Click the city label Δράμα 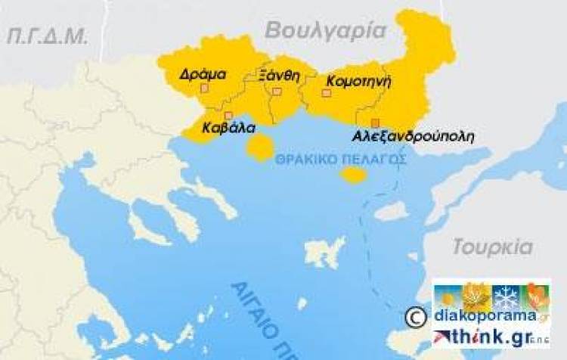coord(203,74)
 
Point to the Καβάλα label coord(227,128)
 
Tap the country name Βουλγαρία coord(325,30)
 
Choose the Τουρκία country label coord(492,247)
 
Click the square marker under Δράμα coord(203,88)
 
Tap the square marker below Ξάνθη coord(277,92)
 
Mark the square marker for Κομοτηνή coord(327,93)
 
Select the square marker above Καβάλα coord(228,115)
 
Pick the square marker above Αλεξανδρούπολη coord(374,123)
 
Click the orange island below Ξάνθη coord(261,147)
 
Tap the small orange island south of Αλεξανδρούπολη coord(353,175)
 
